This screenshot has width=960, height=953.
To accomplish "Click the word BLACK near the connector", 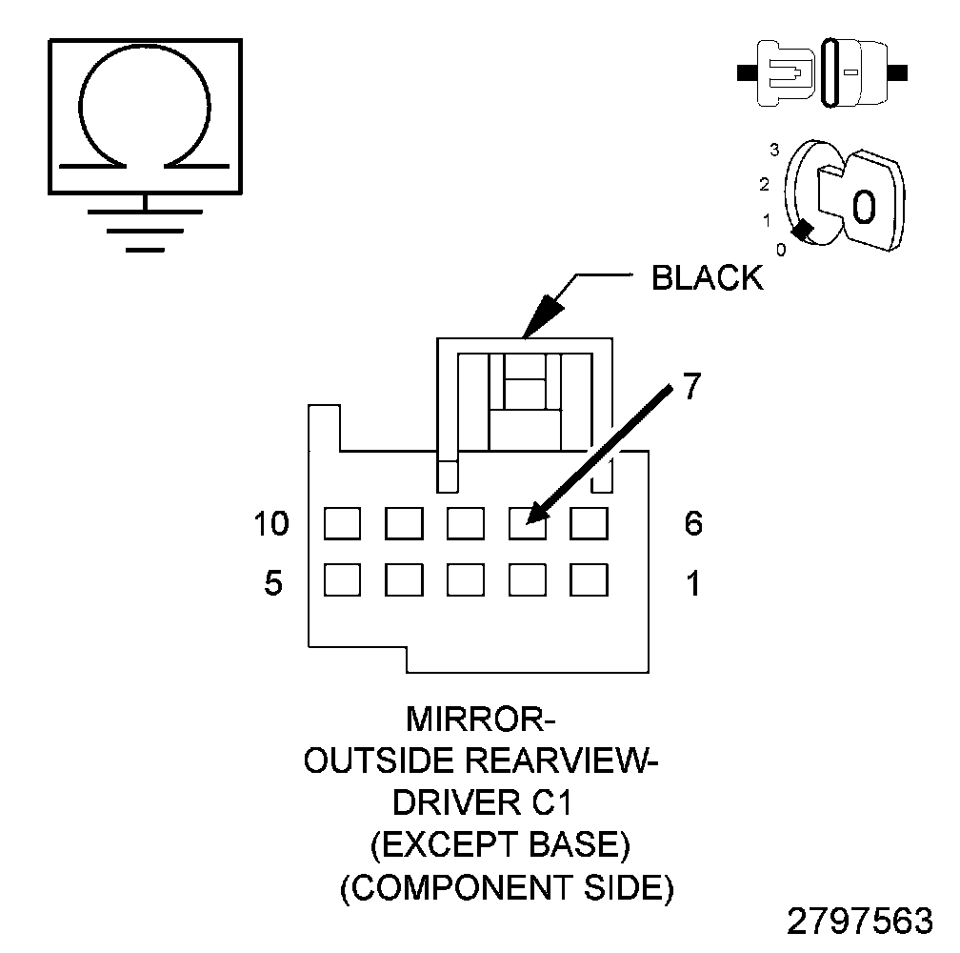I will point(707,277).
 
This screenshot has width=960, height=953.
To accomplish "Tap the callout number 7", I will point(691,389).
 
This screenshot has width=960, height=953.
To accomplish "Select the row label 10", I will point(271,523).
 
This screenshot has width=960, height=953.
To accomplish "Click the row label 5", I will point(273,582).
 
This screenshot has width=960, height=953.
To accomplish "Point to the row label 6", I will point(693,523).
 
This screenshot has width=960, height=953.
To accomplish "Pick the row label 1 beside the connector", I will point(693,582).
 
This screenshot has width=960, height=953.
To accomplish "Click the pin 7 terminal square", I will point(528,523).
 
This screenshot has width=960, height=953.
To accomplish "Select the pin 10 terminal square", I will point(342,523).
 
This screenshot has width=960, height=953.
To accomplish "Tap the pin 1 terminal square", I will point(590,580).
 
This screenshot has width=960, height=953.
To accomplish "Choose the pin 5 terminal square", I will point(342,580).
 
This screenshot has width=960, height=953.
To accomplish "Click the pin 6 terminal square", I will point(590,523).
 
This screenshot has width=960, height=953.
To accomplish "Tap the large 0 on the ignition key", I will point(863,207).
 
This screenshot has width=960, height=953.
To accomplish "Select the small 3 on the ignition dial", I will point(774,150).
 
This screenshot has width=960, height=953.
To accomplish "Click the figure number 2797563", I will point(859,922).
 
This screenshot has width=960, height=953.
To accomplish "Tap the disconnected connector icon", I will point(822,71).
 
